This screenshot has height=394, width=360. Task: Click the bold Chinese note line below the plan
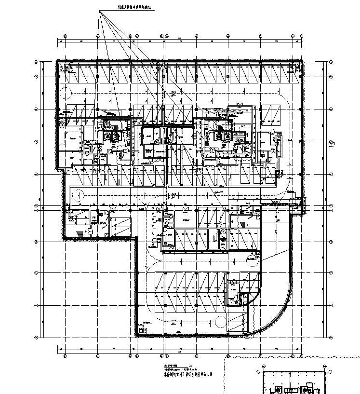click(x=188, y=374)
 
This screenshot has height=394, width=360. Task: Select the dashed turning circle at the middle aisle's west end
click(x=77, y=194)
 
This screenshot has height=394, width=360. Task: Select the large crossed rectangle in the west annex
click(x=120, y=225)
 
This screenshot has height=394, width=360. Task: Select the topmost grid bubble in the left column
click(x=36, y=63)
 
